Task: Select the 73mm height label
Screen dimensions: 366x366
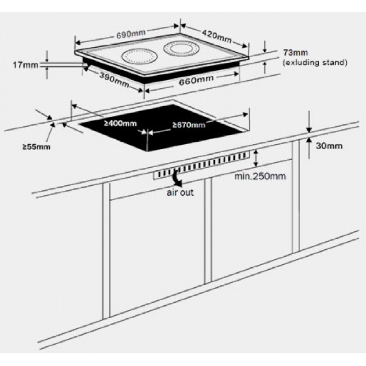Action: click(292, 52)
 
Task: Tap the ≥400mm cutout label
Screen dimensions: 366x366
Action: click(120, 124)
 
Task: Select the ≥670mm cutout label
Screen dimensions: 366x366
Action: click(188, 124)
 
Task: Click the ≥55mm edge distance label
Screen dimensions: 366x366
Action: click(36, 147)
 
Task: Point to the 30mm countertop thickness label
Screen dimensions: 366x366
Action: click(329, 146)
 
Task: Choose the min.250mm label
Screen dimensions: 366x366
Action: click(260, 176)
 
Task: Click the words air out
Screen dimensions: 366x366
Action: click(180, 192)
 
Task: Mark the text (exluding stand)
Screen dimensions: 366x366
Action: click(315, 63)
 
